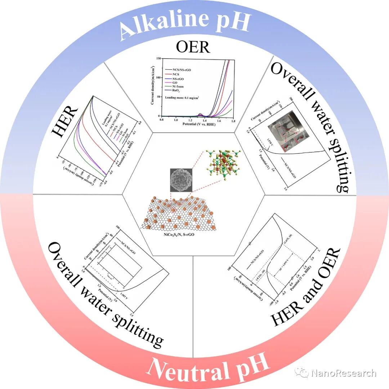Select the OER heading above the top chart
click(x=193, y=47)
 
